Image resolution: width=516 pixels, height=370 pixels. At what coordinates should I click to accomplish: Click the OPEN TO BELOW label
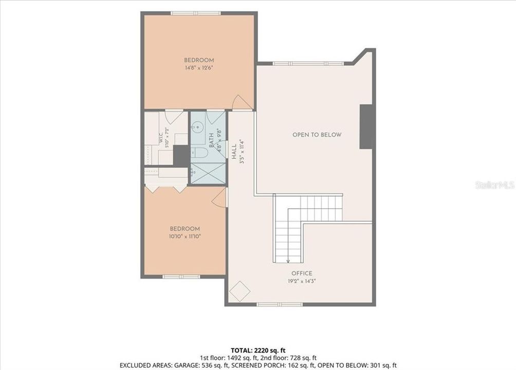pos(317,135)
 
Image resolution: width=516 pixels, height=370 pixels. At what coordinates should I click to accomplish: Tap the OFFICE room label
pos(302,273)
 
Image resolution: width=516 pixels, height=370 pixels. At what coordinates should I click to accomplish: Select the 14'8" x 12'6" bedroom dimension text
pos(199,68)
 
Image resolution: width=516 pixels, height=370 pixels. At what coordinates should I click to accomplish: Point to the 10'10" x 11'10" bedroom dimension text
pos(185,236)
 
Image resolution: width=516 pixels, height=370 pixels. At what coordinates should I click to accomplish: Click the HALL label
pos(234,152)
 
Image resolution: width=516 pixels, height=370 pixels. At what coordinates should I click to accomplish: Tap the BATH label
pos(211,140)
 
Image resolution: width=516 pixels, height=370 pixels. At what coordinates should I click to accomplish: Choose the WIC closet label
pos(160,138)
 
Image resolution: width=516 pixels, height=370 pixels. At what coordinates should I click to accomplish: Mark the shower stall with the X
pos(209,173)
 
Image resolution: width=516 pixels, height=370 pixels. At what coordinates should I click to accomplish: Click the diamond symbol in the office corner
pos(239,291)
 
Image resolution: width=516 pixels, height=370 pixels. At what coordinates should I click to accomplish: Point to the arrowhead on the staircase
pos(288,262)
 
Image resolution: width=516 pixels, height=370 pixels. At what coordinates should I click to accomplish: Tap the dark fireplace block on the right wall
pos(366,127)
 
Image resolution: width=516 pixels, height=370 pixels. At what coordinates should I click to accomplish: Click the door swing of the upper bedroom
pos(241,102)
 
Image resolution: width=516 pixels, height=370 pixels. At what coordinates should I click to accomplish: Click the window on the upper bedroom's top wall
pos(196,13)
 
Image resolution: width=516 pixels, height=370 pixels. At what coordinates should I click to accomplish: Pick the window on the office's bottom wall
pos(280,305)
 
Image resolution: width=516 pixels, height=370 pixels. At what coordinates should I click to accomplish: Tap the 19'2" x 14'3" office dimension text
pos(302,281)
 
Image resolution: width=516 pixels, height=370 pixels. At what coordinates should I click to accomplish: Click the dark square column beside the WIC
pos(181,155)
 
